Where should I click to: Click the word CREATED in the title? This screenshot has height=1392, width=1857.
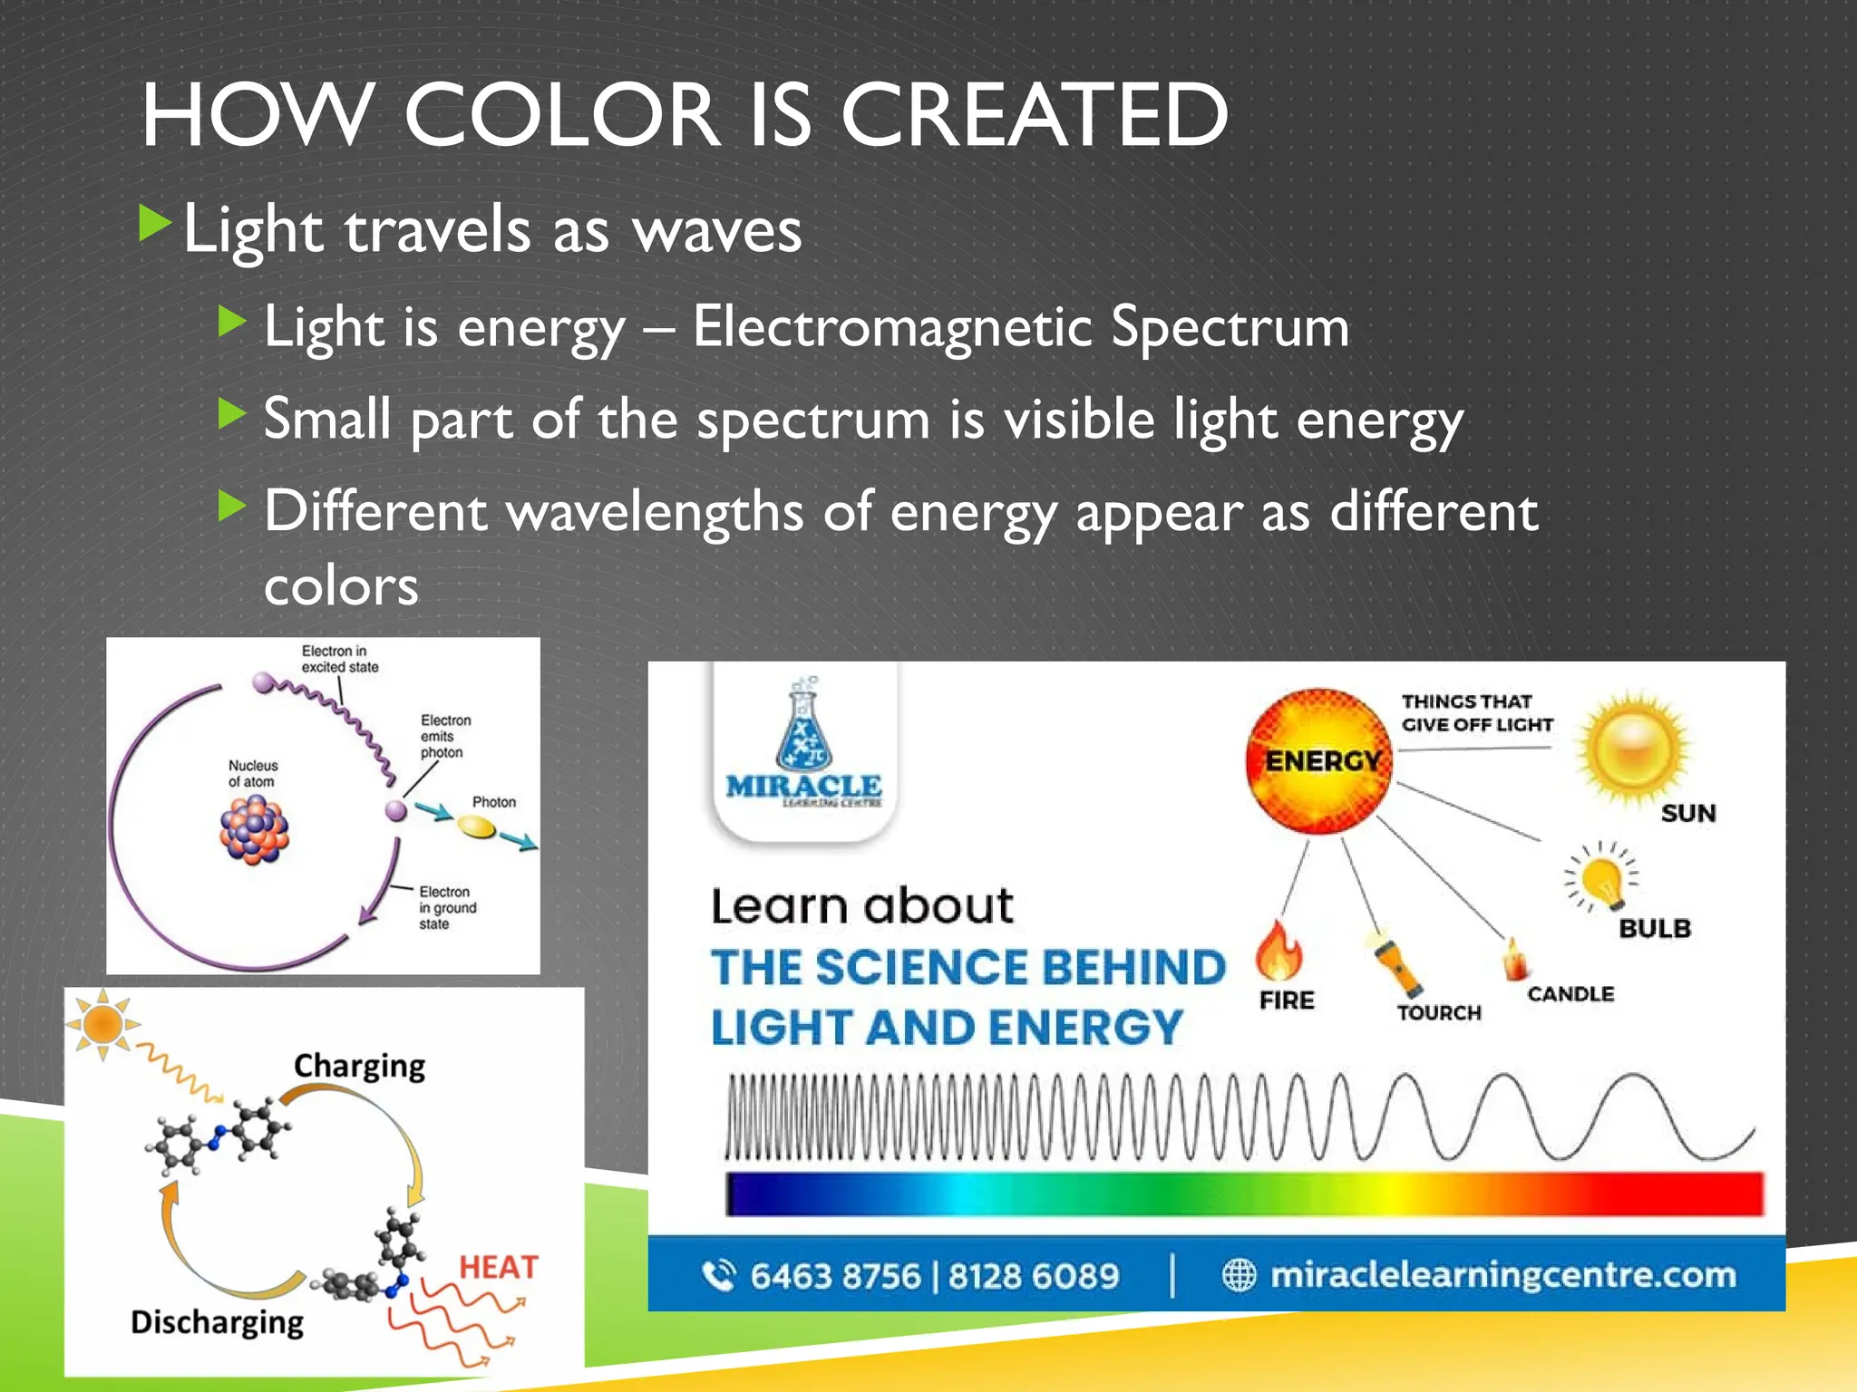coord(1034,115)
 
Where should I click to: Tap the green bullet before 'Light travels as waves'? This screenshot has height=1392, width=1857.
coord(155,224)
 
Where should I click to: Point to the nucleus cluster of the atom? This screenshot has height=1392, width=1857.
coord(255,830)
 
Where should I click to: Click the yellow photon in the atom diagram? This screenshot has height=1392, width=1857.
coord(476,826)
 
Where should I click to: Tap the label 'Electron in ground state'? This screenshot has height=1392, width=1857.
coord(446,907)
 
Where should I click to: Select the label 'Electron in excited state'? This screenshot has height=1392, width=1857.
coord(339,659)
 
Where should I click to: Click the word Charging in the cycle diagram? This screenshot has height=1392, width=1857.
coord(359,1066)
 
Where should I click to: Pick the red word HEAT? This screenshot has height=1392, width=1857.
coord(498,1266)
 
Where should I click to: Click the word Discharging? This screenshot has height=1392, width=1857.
coord(217,1322)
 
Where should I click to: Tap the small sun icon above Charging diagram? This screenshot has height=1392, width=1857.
coord(102,1024)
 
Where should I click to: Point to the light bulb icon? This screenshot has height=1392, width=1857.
coord(1602,877)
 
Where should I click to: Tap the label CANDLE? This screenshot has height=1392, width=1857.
coord(1570,994)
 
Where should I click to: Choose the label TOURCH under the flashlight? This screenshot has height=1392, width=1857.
coord(1439,1012)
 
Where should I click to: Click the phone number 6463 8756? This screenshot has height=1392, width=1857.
coord(834,1276)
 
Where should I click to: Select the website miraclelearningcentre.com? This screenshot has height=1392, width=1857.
coord(1502,1275)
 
